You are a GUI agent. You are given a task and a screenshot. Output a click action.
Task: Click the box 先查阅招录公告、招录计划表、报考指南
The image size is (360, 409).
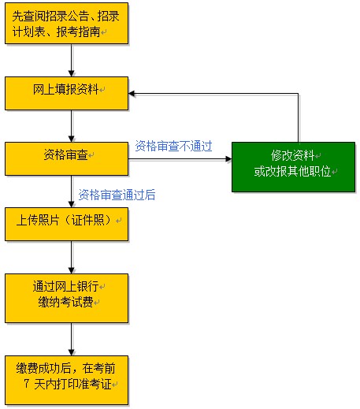click(66, 24)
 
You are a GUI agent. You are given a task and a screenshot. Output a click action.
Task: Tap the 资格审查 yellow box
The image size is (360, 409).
click(66, 158)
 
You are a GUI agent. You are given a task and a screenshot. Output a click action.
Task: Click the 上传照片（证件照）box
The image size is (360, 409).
click(66, 224)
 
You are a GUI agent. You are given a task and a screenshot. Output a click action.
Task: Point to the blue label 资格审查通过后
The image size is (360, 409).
click(117, 194)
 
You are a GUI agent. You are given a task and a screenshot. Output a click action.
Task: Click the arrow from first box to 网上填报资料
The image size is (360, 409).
click(72, 61)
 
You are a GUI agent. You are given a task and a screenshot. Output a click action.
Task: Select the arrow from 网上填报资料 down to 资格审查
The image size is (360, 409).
click(72, 125)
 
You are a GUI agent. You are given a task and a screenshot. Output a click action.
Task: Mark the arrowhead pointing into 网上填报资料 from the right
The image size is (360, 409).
click(135, 94)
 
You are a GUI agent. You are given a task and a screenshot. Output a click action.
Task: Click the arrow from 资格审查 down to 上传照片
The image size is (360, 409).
click(72, 191)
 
